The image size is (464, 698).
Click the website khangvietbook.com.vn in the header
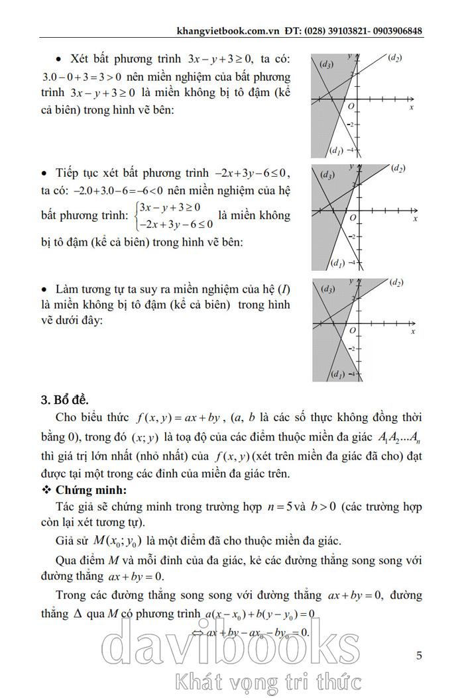coord(229,31)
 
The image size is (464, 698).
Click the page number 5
coord(419,656)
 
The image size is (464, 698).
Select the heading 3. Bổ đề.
coord(65,400)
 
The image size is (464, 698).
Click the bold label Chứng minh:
coord(88,490)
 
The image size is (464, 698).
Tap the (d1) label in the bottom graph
coord(336,375)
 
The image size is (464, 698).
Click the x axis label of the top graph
coord(412,107)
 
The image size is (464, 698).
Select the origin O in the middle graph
coord(353,217)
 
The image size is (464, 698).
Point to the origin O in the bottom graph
coord(353,330)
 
